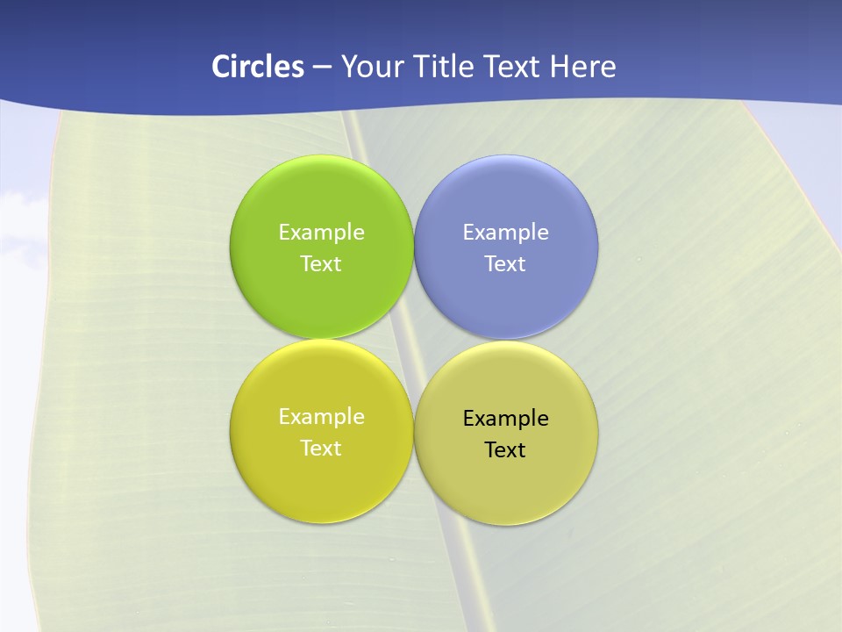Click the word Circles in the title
(x=257, y=67)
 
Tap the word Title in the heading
(x=447, y=67)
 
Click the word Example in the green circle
(x=321, y=233)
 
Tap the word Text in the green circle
(x=321, y=264)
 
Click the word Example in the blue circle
(x=506, y=233)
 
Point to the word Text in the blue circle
(x=506, y=264)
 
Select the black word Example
(x=506, y=419)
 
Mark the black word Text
(x=506, y=450)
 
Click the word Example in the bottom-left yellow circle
(x=321, y=417)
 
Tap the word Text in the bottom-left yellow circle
(x=321, y=449)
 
